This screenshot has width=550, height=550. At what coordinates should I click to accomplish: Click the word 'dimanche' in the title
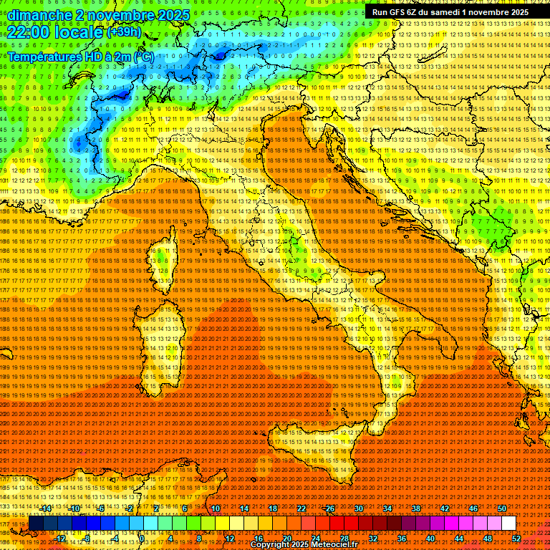click(39, 15)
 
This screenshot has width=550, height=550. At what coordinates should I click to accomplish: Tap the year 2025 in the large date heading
click(172, 15)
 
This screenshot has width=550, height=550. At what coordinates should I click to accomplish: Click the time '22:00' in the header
click(27, 32)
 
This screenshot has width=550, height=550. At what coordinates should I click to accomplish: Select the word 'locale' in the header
click(79, 32)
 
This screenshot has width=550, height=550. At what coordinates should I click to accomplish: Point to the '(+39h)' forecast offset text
click(124, 32)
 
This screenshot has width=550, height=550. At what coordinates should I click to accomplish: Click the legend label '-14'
click(46, 508)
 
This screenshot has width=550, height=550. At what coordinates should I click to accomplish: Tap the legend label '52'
click(516, 539)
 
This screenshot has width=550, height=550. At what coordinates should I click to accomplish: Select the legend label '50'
click(502, 508)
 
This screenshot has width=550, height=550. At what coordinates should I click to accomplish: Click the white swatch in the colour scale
click(508, 524)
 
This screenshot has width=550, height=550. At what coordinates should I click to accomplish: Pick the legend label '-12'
click(60, 539)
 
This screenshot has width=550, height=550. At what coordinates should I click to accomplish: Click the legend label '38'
click(416, 508)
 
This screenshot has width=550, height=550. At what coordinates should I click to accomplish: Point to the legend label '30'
click(359, 508)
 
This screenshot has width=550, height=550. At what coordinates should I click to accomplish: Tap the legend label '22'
click(301, 508)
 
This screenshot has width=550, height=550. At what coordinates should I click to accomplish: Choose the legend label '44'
click(459, 539)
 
